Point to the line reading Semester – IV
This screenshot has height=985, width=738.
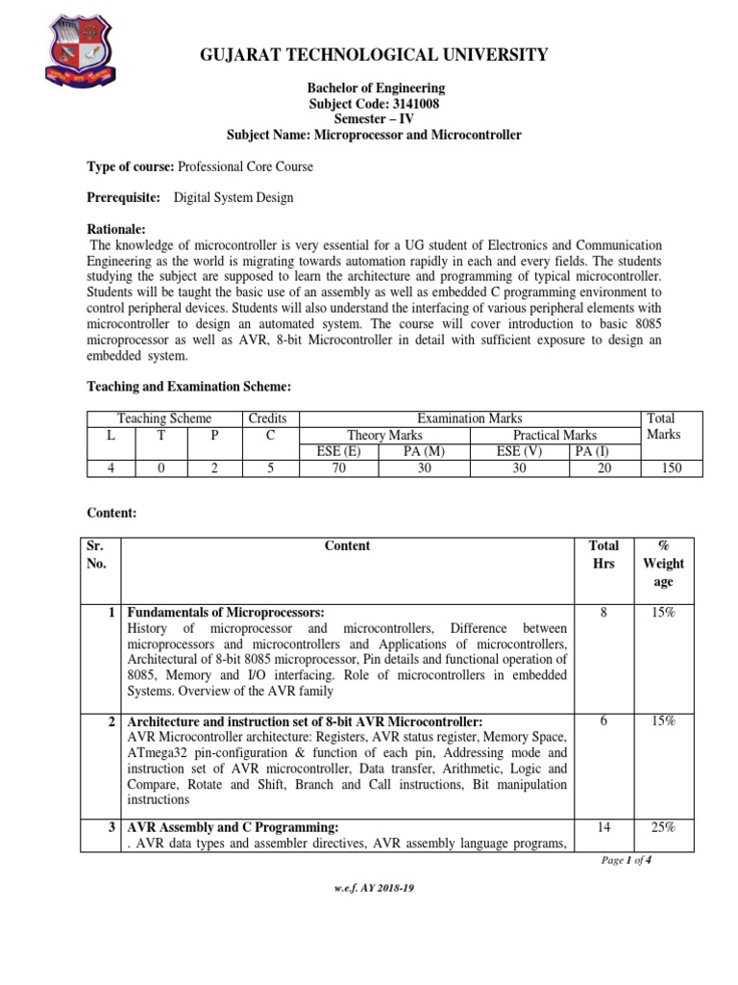(x=374, y=119)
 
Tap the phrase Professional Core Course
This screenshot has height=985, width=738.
(x=246, y=166)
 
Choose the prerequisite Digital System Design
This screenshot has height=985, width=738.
(x=234, y=197)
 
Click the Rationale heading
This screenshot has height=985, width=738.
(x=115, y=229)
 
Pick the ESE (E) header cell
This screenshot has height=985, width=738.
(x=338, y=451)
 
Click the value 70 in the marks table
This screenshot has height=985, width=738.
(x=338, y=467)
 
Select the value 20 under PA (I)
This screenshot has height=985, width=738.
(x=592, y=467)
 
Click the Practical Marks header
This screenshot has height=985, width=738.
(x=554, y=435)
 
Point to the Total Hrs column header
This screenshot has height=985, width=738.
(x=603, y=554)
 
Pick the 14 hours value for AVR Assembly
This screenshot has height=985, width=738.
(x=603, y=826)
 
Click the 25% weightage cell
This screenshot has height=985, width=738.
(x=664, y=826)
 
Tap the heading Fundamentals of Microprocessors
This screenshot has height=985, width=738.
(x=226, y=613)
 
